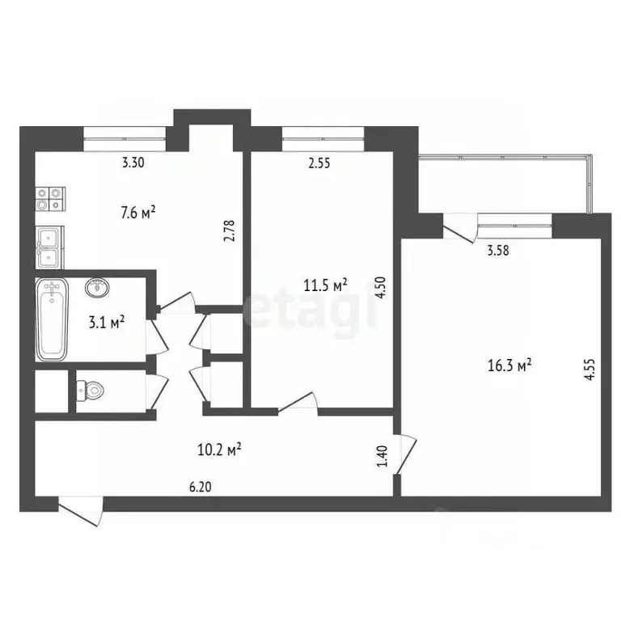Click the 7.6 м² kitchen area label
tap(137, 213)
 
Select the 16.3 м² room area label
tap(513, 366)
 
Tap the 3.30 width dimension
tap(133, 163)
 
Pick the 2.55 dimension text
tap(320, 163)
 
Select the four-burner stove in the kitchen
tap(51, 200)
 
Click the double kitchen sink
tap(50, 247)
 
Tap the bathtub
tap(52, 319)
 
